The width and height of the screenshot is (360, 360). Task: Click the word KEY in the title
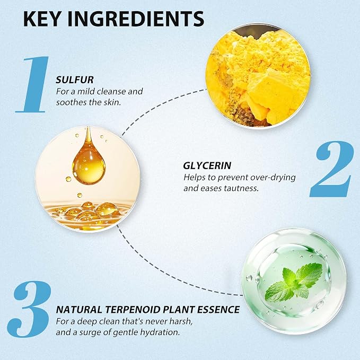pyautogui.click(x=43, y=19)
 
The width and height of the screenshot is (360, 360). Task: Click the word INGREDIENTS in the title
pyautogui.click(x=136, y=19)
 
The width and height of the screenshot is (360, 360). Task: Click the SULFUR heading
pyautogui.click(x=75, y=80)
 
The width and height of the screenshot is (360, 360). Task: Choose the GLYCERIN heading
pyautogui.click(x=207, y=165)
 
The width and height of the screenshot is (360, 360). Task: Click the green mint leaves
pyautogui.click(x=294, y=282)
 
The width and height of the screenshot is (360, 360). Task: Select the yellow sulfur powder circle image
pyautogui.click(x=258, y=75)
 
